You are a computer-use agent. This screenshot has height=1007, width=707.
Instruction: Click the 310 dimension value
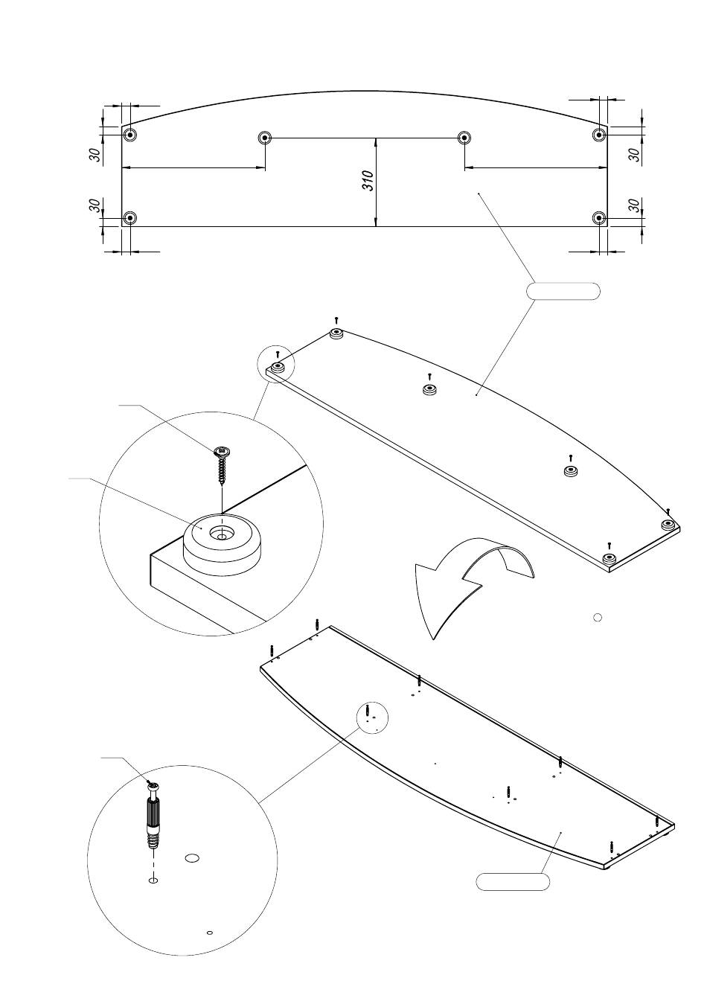tap(368, 180)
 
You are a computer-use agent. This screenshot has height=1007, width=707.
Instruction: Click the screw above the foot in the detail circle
tap(222, 466)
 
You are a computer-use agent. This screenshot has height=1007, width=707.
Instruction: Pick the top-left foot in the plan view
tap(130, 135)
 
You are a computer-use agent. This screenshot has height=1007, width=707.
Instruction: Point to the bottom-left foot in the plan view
tap(130, 218)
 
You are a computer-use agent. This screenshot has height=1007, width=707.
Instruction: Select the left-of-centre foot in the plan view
tap(265, 137)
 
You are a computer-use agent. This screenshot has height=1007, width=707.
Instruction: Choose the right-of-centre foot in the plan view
tap(464, 137)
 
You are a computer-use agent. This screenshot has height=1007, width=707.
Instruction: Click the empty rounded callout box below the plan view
tap(563, 291)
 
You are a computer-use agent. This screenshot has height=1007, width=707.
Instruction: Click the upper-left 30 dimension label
tap(95, 154)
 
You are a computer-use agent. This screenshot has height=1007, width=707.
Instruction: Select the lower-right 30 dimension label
tap(634, 205)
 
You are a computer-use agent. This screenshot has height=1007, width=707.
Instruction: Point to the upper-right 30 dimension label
tap(634, 154)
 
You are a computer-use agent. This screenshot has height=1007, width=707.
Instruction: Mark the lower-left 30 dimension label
tap(95, 205)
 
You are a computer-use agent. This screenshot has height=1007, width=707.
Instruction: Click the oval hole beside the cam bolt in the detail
tap(192, 858)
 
